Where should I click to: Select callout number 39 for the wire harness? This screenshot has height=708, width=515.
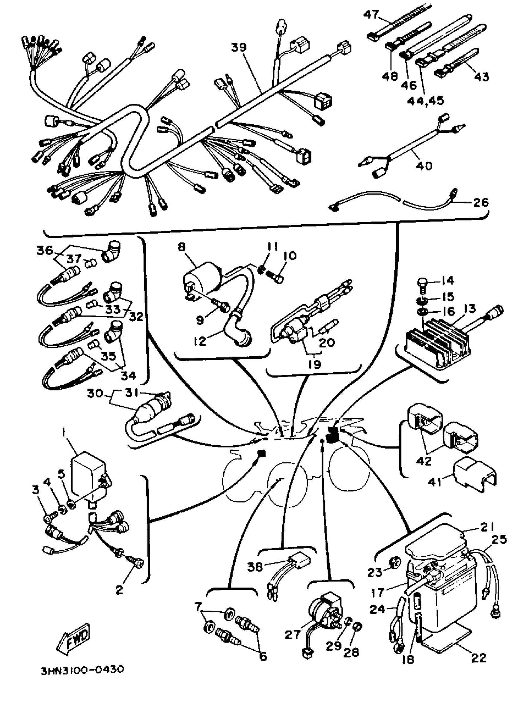239,48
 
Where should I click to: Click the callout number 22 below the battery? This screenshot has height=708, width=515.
479,657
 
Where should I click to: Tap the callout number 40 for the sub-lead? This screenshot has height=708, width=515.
424,165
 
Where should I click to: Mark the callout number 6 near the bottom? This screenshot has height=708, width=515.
263,656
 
